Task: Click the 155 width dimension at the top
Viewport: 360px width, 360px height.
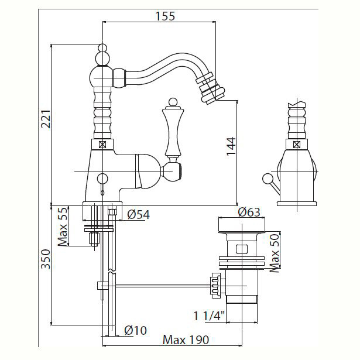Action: (165, 16)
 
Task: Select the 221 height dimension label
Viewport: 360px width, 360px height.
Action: (46, 119)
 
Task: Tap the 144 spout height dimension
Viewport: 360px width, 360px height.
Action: (231, 146)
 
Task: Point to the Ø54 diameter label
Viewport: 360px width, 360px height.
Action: (139, 215)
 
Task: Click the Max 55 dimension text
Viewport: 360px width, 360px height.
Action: (63, 227)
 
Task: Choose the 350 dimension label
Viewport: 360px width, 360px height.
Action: (46, 259)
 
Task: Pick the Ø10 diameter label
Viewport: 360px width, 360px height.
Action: (135, 331)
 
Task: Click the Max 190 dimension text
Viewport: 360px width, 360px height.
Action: (186, 340)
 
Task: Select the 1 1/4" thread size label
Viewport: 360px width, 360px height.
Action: (209, 316)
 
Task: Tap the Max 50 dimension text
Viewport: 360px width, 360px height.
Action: (275, 253)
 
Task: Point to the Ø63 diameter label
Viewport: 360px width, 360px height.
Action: (249, 212)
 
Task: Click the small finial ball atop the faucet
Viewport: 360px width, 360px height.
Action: (102, 48)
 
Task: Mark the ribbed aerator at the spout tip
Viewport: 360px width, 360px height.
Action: (210, 88)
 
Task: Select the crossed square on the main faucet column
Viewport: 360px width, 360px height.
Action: (102, 145)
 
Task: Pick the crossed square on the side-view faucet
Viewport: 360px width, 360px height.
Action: (297, 145)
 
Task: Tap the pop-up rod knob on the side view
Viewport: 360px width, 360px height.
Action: (267, 179)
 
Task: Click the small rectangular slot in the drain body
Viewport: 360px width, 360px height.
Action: (242, 249)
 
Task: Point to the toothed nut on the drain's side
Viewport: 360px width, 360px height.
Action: (215, 286)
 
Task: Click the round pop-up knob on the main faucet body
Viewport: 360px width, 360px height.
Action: (102, 179)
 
